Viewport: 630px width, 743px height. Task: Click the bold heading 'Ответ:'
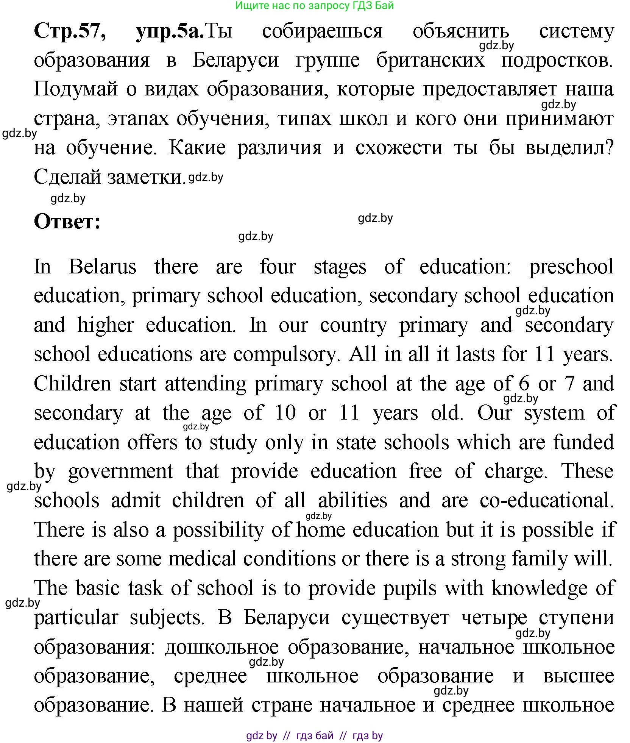(67, 222)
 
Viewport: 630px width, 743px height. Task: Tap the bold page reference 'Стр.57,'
(70, 31)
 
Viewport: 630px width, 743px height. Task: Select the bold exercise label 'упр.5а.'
(170, 31)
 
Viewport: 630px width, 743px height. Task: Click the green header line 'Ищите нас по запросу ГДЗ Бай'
(314, 6)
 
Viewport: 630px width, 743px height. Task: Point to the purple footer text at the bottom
(314, 736)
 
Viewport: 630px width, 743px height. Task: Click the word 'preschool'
(571, 267)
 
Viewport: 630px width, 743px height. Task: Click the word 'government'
(120, 472)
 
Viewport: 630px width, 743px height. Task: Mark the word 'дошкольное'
(222, 647)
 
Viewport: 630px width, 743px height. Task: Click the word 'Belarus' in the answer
(103, 267)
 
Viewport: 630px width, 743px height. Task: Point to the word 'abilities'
(352, 501)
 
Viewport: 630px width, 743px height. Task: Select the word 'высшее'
(579, 676)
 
